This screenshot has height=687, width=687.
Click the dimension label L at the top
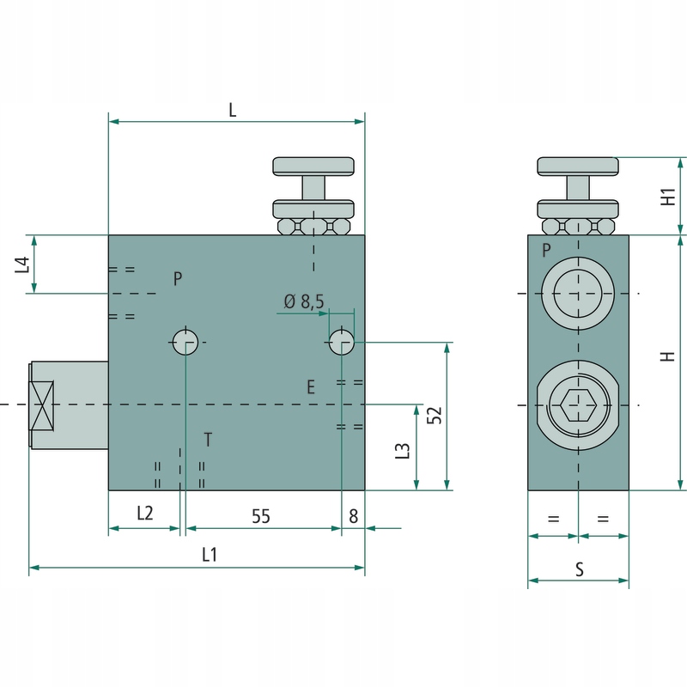point(232,109)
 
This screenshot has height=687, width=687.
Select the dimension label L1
point(209,555)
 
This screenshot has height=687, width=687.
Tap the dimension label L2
point(144,514)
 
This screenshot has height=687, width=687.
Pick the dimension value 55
point(261,515)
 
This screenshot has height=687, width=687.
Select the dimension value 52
point(435,414)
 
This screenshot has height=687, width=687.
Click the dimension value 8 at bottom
point(353,515)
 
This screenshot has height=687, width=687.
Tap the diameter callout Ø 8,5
point(304,301)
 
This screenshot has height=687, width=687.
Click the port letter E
point(311,387)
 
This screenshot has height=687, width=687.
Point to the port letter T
point(208,441)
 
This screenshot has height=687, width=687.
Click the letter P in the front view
point(177,279)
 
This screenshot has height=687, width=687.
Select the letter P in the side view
point(546,251)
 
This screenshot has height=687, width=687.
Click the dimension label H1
point(668,197)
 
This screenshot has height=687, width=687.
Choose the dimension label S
point(580,568)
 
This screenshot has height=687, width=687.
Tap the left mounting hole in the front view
point(185,342)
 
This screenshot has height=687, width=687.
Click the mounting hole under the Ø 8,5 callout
point(342,342)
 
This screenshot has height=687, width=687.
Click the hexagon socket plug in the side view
point(578,404)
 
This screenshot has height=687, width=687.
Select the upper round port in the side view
point(578,294)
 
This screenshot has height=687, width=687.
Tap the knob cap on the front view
point(313,165)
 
